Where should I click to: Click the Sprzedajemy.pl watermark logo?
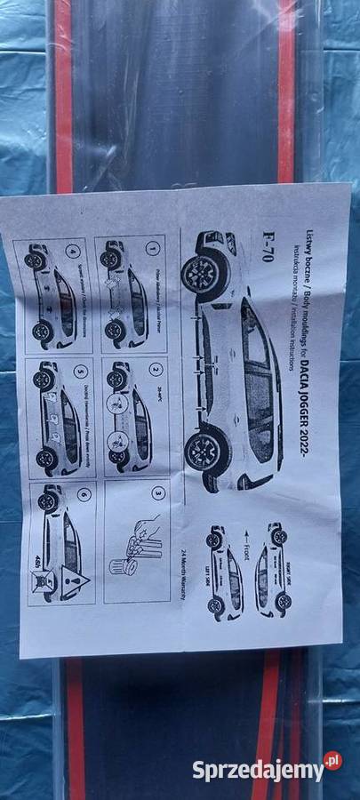click(x=267, y=768)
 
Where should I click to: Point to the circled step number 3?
click(x=157, y=492)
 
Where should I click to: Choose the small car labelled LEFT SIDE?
click(x=221, y=573)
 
